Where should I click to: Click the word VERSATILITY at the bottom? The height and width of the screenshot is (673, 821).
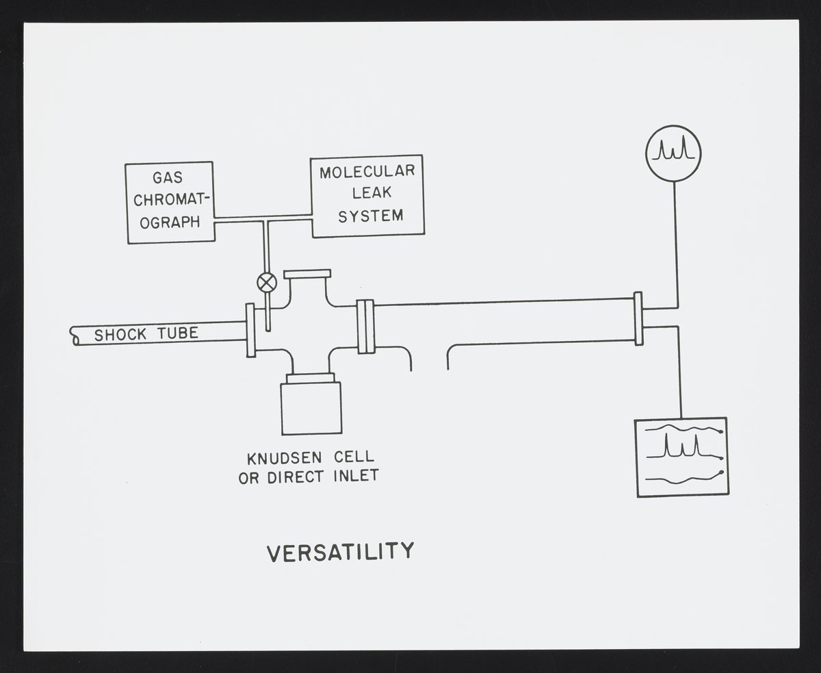click(x=340, y=551)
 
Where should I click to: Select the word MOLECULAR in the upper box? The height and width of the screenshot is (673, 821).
click(x=367, y=172)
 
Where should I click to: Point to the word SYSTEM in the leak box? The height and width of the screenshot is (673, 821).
click(x=371, y=216)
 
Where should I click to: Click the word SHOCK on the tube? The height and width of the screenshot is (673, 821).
click(x=120, y=335)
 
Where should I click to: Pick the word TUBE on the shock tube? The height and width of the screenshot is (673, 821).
click(x=175, y=333)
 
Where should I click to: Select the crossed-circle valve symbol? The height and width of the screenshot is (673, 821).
click(x=266, y=281)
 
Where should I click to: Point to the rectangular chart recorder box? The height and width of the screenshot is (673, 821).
click(x=681, y=457)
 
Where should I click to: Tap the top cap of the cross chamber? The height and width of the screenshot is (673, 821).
click(x=307, y=274)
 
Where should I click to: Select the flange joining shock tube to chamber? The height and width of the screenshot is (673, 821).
click(x=250, y=330)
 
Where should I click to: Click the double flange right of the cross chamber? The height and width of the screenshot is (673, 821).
click(x=366, y=327)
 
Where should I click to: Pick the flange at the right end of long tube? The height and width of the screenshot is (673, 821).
click(x=638, y=318)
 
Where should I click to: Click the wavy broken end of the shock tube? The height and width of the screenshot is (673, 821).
click(x=74, y=336)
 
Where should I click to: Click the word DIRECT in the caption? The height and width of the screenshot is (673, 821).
click(x=294, y=477)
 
